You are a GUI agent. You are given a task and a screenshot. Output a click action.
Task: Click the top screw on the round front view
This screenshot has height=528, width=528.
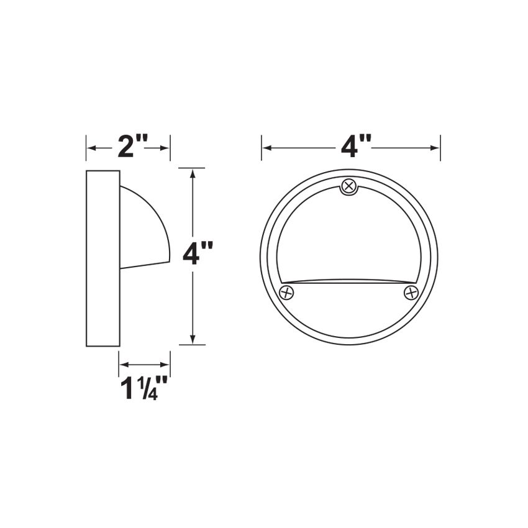(x=350, y=186)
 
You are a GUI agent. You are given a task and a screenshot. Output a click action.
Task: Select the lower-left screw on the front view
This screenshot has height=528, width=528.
(x=286, y=292)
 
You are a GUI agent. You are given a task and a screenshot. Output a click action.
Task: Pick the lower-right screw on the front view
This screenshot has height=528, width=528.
(x=411, y=292)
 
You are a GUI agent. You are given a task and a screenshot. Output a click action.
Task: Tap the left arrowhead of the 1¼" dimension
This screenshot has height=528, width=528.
(x=123, y=365)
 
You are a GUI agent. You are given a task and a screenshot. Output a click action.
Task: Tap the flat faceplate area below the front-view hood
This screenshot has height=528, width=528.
(x=350, y=311)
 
